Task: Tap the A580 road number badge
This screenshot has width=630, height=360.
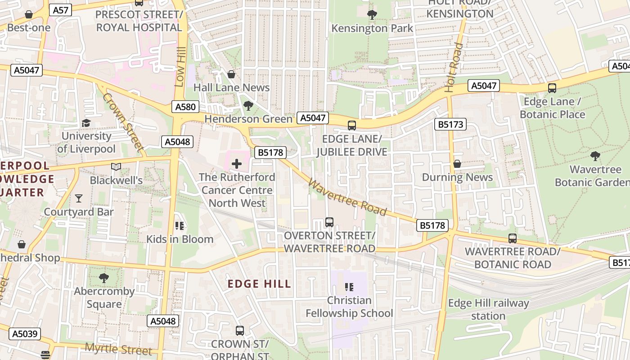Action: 185,107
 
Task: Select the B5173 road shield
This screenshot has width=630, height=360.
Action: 450,124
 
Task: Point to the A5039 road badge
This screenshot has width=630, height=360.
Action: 25,334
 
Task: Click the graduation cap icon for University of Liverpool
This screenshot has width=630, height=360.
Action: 86,123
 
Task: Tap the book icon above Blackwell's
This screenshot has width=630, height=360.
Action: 116,167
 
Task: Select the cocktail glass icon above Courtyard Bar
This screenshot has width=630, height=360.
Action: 79,198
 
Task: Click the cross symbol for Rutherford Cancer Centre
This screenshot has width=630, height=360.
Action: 237,164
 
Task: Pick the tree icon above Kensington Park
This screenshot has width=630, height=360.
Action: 372,15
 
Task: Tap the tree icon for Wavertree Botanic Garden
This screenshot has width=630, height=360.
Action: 595,156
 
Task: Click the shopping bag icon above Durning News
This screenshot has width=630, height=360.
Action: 457,164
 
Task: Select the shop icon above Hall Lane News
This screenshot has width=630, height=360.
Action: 231,74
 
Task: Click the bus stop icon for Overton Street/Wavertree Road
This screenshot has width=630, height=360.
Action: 329,222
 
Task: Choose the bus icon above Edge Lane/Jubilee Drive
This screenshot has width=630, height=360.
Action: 351,126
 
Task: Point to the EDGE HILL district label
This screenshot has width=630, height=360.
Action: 259,284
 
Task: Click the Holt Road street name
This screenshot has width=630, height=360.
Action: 454,67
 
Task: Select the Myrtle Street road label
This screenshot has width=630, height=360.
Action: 119,349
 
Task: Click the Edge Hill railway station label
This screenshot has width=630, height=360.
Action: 488,310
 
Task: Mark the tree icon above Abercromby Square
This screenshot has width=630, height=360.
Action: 104,278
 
